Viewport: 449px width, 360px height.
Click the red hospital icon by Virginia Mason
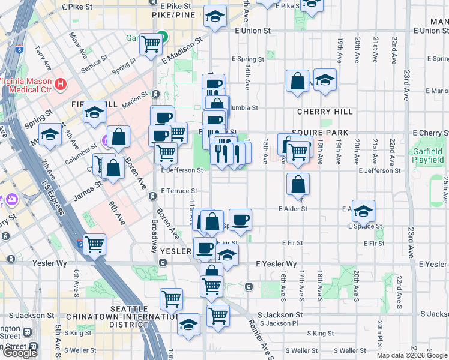(x=60, y=83)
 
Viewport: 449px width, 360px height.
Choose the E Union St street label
(x=253, y=30)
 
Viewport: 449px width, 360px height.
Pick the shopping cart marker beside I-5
(x=94, y=244)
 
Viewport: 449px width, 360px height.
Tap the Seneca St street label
(x=94, y=62)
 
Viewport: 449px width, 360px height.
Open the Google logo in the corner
(x=20, y=353)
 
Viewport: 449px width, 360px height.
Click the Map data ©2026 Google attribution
(x=412, y=355)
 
